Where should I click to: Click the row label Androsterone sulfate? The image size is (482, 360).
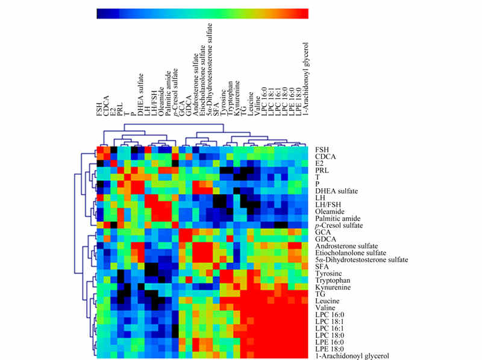point(346,246)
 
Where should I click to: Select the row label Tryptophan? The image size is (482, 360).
point(333,280)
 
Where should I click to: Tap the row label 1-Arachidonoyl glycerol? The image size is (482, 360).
point(352,356)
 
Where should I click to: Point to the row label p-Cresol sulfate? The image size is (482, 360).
point(339,226)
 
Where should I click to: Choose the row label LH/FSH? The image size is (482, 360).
point(328,204)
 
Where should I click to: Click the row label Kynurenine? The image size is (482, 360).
point(333,287)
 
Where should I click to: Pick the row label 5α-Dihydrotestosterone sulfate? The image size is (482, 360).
point(361,260)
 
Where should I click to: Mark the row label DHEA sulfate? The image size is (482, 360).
point(336,191)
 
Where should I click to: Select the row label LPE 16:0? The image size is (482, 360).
point(329,342)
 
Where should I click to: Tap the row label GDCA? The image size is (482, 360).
point(325,239)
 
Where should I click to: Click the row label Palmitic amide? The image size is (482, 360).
point(337,218)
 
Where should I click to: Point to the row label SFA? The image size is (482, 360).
point(322,267)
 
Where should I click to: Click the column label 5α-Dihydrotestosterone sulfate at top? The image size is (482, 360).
point(210,69)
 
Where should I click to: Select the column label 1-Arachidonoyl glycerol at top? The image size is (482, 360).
point(305,79)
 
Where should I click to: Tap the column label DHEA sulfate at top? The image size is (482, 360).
point(140,95)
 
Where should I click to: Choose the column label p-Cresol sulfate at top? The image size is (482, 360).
point(175,92)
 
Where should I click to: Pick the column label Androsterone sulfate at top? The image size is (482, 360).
point(195,84)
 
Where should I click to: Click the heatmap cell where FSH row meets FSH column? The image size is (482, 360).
point(100,150)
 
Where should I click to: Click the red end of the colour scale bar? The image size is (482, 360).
point(304,14)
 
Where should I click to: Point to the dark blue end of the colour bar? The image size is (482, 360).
point(101,14)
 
